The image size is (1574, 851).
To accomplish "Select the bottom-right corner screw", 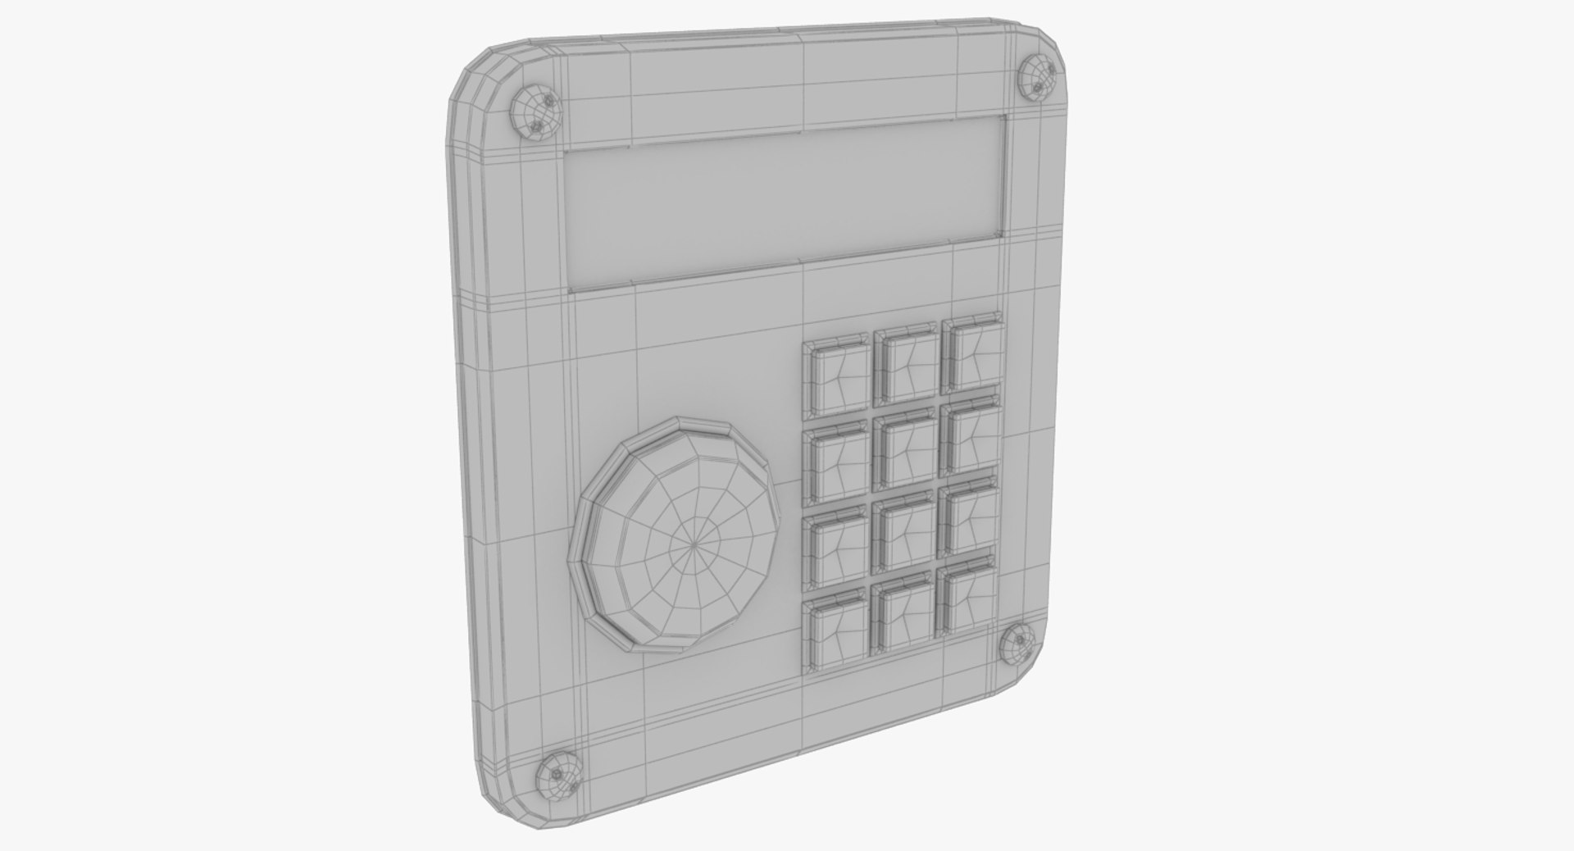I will tap(1017, 641).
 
